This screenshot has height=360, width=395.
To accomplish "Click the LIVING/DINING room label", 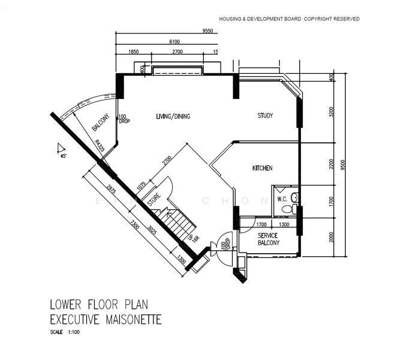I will coord(173,116).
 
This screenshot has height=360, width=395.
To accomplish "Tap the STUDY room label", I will coord(265,116).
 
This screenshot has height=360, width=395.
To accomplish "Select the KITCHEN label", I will coord(262,169).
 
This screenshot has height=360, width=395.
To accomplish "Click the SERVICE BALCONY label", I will coord(269,239).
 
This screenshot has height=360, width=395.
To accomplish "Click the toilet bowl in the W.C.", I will coord(288,209).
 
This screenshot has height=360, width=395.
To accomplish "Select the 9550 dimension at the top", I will coord(208,31).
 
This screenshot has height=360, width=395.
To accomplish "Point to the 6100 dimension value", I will coord(174,41).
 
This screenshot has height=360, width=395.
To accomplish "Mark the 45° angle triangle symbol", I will coord(59,148).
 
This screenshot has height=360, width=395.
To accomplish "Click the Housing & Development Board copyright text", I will coord(289,19).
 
